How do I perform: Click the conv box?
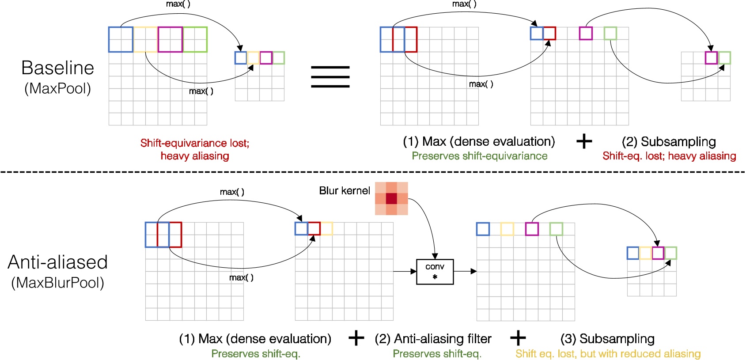click(x=435, y=272)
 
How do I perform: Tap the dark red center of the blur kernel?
click(x=391, y=198)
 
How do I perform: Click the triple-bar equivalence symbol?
click(x=330, y=76)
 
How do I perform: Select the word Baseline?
click(x=57, y=68)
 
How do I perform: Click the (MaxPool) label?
click(x=57, y=88)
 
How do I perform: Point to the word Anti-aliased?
click(x=57, y=262)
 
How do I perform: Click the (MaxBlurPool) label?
click(x=57, y=283)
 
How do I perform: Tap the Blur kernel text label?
click(x=344, y=191)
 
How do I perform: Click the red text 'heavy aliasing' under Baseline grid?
click(x=195, y=156)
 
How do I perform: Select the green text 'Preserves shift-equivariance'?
click(x=479, y=156)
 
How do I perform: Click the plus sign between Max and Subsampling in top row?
click(x=584, y=141)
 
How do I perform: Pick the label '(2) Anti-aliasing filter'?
click(x=433, y=339)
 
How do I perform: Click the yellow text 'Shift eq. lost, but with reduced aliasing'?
click(x=608, y=354)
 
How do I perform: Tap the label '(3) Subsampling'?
click(x=607, y=339)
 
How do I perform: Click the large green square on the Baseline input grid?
click(x=195, y=39)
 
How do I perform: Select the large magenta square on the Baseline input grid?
click(x=170, y=39)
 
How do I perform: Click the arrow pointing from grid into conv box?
click(x=405, y=272)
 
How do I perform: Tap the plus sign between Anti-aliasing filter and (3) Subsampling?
click(x=518, y=338)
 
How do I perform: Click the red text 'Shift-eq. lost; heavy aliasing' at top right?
click(x=669, y=156)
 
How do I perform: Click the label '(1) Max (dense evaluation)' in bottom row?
click(x=255, y=339)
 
